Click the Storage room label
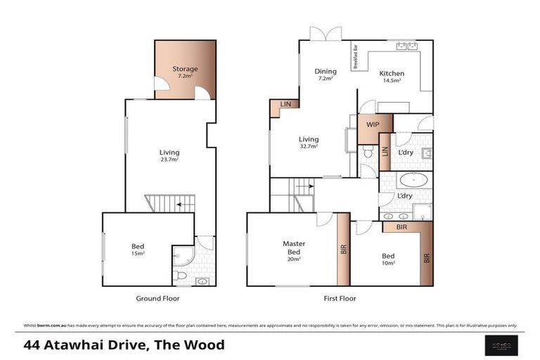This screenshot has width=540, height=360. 185,72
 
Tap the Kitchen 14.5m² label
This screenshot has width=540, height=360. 392,76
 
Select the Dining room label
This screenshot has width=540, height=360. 326,74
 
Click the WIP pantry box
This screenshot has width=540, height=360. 373,125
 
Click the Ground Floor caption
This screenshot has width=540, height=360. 157,298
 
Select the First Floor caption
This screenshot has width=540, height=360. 340,298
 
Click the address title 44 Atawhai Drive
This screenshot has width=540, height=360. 124,345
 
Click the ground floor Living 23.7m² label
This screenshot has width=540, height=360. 169,155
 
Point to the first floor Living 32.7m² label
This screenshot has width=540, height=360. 308,142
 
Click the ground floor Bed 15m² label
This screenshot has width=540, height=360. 138,249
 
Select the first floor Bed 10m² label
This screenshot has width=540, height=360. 389,259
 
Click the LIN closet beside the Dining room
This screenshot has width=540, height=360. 285,104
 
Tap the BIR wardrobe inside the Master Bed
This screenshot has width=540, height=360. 344,249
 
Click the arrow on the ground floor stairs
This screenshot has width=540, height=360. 181,205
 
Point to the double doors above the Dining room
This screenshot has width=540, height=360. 326,33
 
